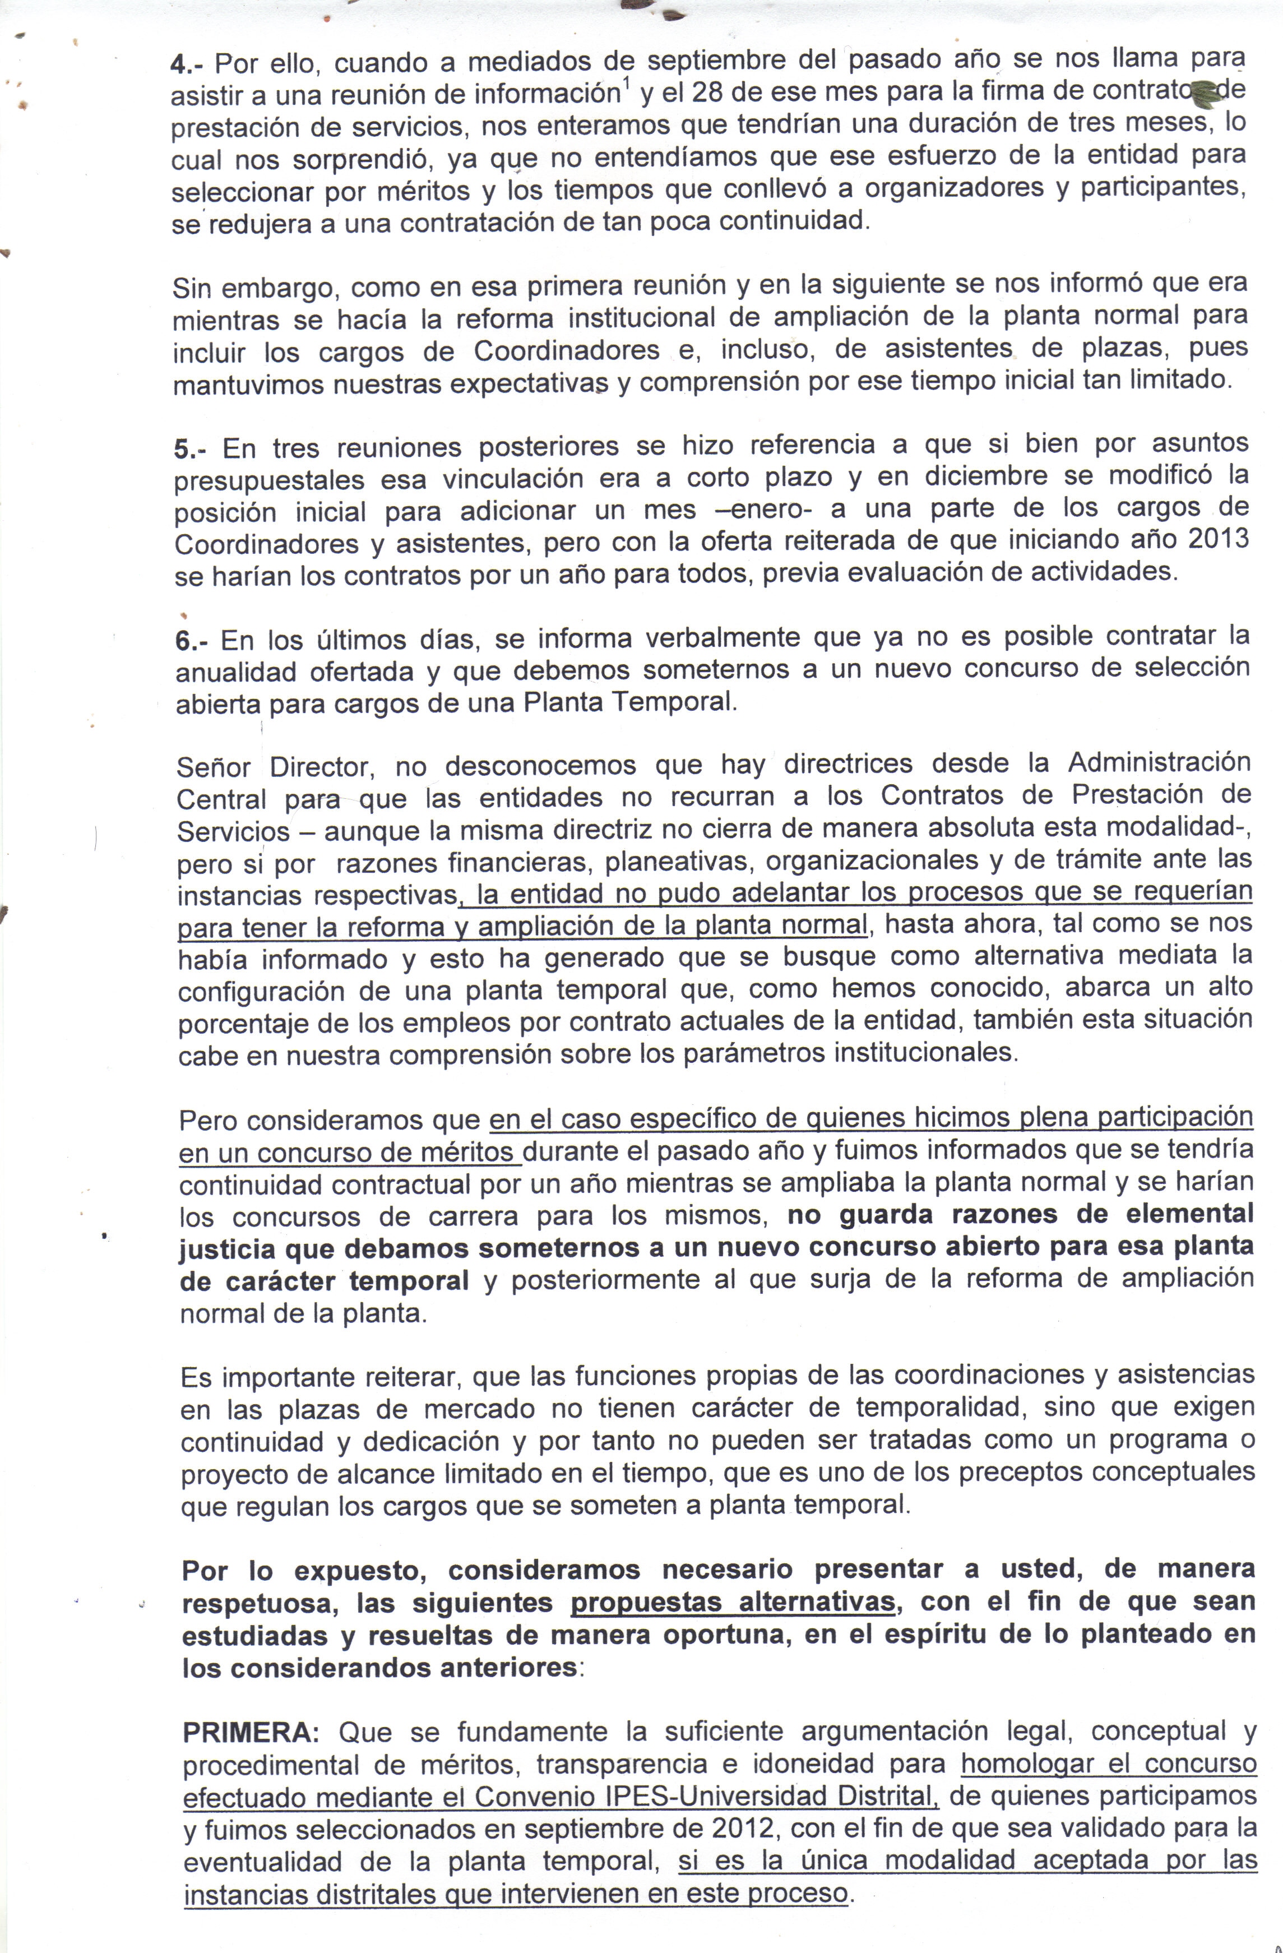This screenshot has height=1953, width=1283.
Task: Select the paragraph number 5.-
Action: [x=191, y=450]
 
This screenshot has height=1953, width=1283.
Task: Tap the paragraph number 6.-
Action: [x=192, y=641]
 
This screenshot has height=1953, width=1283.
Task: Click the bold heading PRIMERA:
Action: [x=250, y=1732]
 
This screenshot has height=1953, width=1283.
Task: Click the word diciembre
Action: [x=967, y=476]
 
